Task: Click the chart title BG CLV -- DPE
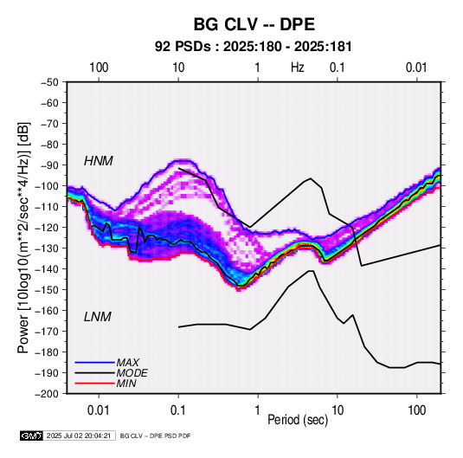(x=254, y=24)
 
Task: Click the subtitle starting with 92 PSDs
(x=254, y=47)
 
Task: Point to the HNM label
(x=99, y=161)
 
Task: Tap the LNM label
(x=98, y=317)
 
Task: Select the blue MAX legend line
(x=95, y=362)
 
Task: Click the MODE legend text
(x=132, y=373)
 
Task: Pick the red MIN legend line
(x=95, y=384)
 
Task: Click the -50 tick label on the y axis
(x=50, y=82)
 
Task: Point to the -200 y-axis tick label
(x=48, y=394)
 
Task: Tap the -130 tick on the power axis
(x=48, y=248)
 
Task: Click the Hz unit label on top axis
(x=298, y=68)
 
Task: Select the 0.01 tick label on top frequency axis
(x=416, y=68)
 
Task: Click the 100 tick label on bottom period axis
(x=416, y=410)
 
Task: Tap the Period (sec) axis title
(x=298, y=420)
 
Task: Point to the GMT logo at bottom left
(x=32, y=435)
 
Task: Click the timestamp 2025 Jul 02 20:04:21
(x=79, y=435)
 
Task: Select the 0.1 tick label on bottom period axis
(x=178, y=410)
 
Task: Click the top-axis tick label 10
(x=178, y=68)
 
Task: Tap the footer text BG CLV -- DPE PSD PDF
(x=155, y=435)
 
